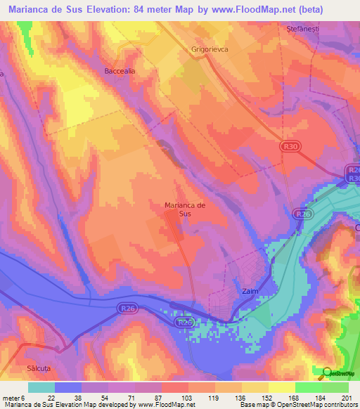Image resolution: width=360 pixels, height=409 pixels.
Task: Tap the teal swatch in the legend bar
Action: click(x=41, y=387)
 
